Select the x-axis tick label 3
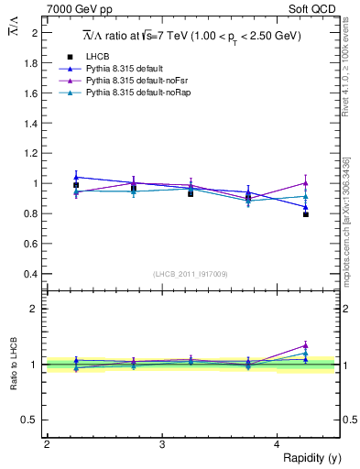pyautogui.click(x=162, y=443)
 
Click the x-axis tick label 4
pyautogui.click(x=278, y=443)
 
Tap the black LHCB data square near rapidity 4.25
pyautogui.click(x=306, y=214)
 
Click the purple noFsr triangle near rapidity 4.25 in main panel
pyautogui.click(x=306, y=183)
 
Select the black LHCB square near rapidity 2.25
pyautogui.click(x=76, y=185)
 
